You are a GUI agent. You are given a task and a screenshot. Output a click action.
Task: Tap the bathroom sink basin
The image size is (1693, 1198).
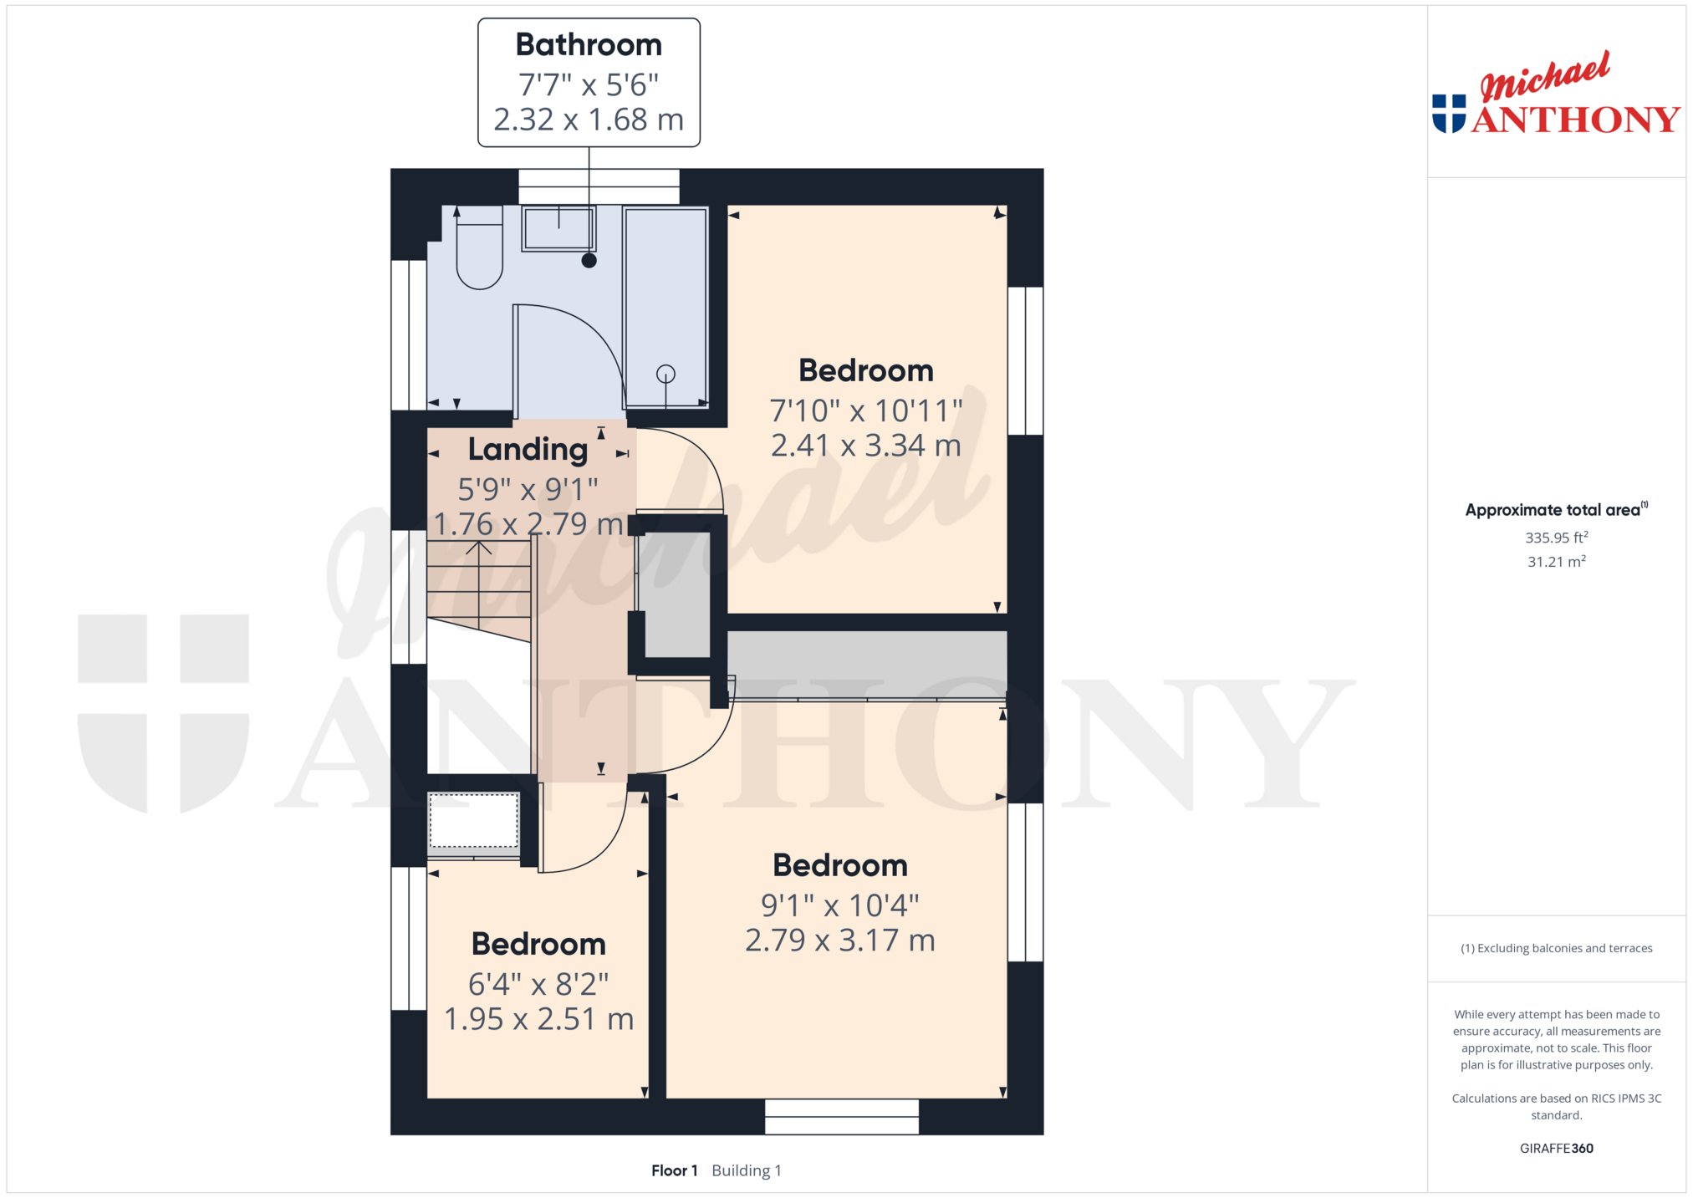558,228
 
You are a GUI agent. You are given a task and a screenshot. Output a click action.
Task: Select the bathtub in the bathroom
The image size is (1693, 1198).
665,308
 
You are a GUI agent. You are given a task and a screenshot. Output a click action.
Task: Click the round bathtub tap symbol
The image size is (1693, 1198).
665,374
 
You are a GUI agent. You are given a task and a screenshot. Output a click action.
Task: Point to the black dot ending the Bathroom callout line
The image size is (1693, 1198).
589,260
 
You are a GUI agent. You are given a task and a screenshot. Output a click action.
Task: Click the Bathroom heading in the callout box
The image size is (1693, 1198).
589,44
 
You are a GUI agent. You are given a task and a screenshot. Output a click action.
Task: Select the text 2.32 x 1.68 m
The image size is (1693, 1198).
589,120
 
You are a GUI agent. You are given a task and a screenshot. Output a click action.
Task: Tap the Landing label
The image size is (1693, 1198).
528,450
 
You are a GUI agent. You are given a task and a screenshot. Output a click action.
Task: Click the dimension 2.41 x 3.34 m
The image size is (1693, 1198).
866,446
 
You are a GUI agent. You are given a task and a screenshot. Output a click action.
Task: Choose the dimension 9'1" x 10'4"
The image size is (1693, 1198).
840,905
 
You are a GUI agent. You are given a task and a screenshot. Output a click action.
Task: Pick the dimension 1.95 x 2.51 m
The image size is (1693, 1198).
539,1019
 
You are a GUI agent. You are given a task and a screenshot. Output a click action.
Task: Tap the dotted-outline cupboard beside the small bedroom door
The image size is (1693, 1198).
474,821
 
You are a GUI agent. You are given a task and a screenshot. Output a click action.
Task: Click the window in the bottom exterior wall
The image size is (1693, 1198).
842,1117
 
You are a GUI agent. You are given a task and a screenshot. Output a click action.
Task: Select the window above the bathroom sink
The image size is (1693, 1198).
599,186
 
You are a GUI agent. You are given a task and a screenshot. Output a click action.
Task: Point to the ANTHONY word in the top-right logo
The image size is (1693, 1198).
1576,120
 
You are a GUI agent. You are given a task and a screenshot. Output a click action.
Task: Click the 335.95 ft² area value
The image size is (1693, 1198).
1557,538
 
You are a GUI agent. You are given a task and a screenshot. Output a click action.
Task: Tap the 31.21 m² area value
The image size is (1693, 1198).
1557,562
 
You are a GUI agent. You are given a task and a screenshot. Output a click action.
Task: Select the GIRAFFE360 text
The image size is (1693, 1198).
1557,1148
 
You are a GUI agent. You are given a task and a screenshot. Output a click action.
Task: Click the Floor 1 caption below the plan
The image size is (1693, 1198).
675,1170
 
